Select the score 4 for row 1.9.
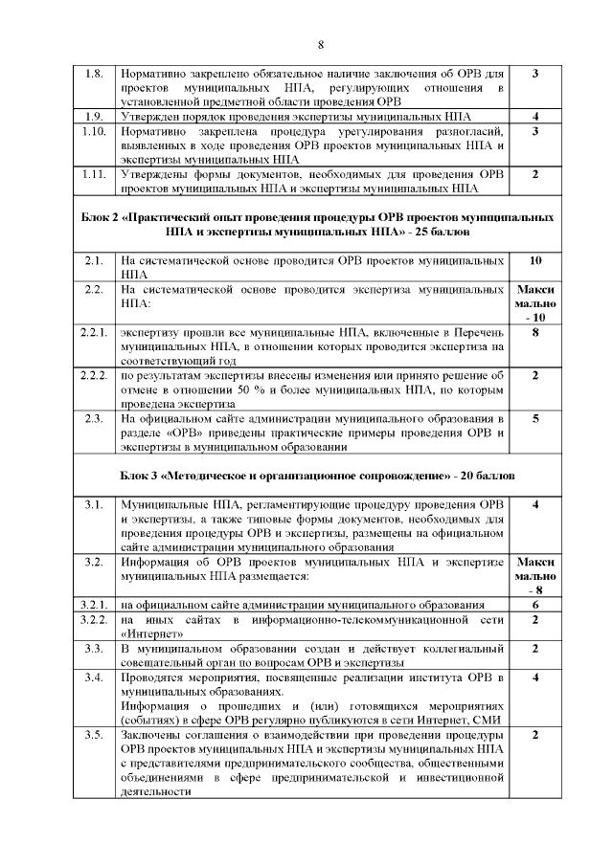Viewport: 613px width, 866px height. [534, 117]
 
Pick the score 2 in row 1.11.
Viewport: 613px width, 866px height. [534, 174]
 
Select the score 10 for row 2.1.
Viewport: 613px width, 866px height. [534, 260]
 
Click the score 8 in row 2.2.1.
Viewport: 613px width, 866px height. [534, 333]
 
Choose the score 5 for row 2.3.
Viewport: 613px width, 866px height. [534, 419]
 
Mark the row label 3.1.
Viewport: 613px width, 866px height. [93, 504]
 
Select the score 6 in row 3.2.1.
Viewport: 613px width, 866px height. [534, 605]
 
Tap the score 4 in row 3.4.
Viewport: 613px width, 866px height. [534, 678]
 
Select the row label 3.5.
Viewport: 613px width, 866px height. [93, 735]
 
